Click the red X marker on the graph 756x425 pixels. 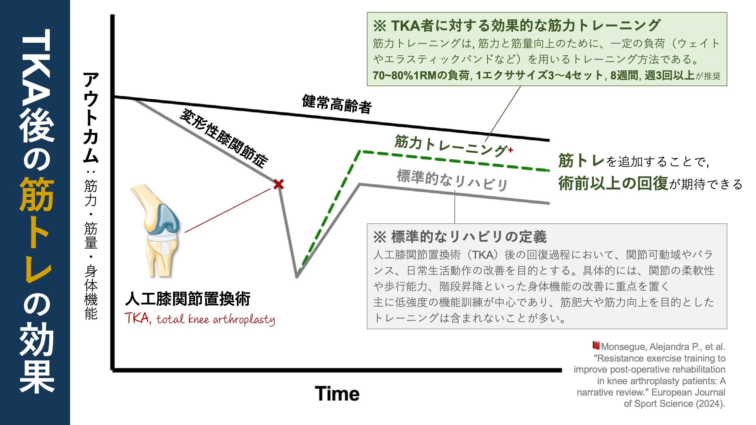click(278, 185)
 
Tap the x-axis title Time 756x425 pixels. click(337, 394)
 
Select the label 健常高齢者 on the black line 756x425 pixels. click(337, 104)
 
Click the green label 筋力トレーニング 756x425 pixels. click(451, 146)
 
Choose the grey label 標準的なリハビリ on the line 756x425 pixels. click(452, 180)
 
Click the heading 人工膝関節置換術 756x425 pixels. click(188, 299)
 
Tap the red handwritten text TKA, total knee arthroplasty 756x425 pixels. click(200, 319)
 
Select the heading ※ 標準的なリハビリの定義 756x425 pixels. click(460, 237)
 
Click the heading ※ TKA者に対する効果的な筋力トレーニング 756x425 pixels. click(517, 25)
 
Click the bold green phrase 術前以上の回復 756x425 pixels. click(613, 183)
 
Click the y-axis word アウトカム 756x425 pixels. click(91, 117)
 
